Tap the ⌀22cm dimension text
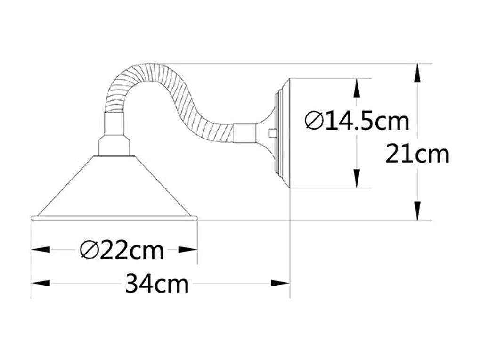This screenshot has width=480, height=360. [x=122, y=250]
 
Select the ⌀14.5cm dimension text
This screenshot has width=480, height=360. [x=357, y=121]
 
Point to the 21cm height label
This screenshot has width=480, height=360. [x=417, y=154]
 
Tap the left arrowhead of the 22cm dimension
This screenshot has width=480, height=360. [x=40, y=250]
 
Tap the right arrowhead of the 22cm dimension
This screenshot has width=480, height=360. [x=188, y=250]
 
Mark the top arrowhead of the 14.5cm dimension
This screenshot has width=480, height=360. [x=357, y=88]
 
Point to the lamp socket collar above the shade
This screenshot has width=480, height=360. [x=114, y=145]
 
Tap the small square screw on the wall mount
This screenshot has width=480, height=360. [x=272, y=133]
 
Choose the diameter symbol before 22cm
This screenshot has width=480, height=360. [x=88, y=250]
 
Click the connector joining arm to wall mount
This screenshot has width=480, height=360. [x=244, y=132]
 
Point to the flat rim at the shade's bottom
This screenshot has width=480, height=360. [x=114, y=218]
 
